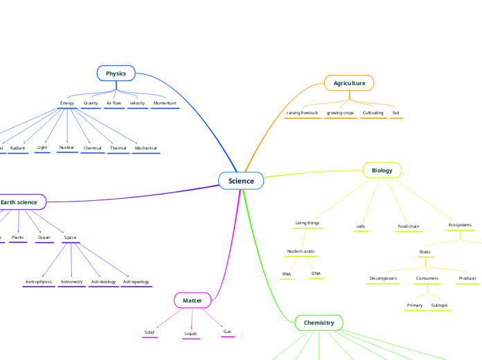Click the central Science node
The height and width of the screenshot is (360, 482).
[241, 181]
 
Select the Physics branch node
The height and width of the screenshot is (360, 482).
[116, 73]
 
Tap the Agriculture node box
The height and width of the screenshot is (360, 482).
[349, 83]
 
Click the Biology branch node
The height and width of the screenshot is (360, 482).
[382, 170]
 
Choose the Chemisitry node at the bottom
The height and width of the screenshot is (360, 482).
[319, 323]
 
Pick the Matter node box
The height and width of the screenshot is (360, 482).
[192, 300]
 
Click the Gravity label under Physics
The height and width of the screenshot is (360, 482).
[91, 103]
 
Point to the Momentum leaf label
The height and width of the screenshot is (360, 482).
[165, 103]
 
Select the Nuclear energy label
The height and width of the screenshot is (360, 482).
[67, 147]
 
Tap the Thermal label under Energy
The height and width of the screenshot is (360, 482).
[118, 148]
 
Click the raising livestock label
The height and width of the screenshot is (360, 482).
[302, 112]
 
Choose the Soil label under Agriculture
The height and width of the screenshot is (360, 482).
[395, 112]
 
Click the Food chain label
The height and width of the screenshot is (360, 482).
[409, 226]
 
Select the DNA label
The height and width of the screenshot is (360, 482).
[316, 273]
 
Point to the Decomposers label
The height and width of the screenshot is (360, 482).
[383, 278]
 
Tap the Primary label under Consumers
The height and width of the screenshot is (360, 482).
[415, 305]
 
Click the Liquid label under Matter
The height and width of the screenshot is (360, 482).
[190, 334]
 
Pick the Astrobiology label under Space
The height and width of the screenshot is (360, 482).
[103, 282]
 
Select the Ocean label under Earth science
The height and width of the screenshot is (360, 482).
[44, 237]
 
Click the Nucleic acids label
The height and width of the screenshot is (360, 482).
[301, 251]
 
